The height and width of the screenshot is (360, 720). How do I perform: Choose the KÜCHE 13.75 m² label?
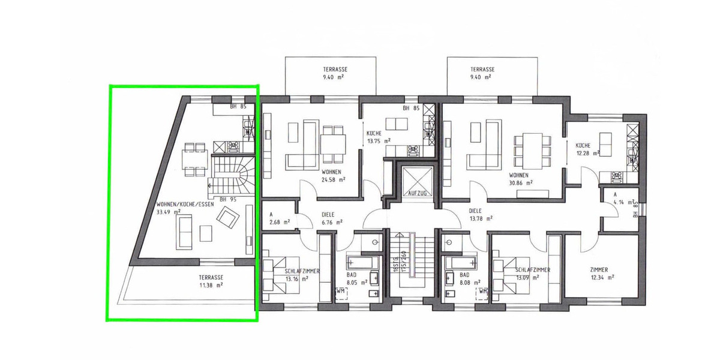pos(379,137)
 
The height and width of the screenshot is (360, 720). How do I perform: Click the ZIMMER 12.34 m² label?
pos(602,273)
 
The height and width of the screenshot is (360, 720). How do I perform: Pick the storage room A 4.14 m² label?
pos(617,199)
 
